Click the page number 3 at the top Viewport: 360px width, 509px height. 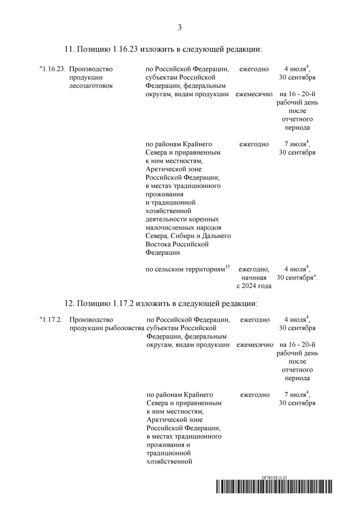click(x=180, y=27)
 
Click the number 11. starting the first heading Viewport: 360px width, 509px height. click(x=69, y=49)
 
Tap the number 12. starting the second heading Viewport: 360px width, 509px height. click(x=69, y=303)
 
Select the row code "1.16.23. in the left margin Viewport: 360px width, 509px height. click(x=52, y=69)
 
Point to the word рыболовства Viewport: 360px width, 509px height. click(x=124, y=328)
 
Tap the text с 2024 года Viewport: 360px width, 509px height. click(x=254, y=286)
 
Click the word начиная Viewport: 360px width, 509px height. click(x=254, y=277)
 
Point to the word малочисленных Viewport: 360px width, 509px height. click(x=169, y=227)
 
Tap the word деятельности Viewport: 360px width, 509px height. click(x=167, y=218)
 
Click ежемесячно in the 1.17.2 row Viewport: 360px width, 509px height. click(x=254, y=344)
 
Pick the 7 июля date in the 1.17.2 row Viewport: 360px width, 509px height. click(x=295, y=395)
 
